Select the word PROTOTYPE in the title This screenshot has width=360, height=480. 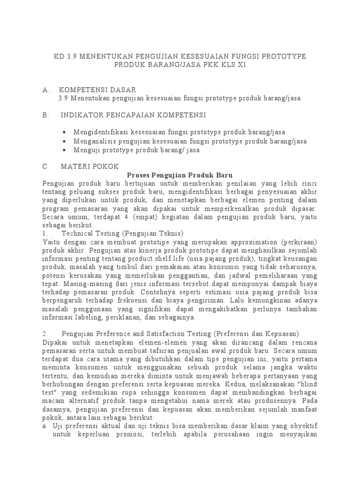[283, 56]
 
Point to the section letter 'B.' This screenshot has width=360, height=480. [45, 115]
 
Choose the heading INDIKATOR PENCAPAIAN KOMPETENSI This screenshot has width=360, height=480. [133, 115]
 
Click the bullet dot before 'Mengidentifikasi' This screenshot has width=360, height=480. [64, 132]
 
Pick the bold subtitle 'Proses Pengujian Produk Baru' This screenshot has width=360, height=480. [180, 175]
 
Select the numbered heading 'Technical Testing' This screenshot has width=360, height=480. [90, 233]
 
